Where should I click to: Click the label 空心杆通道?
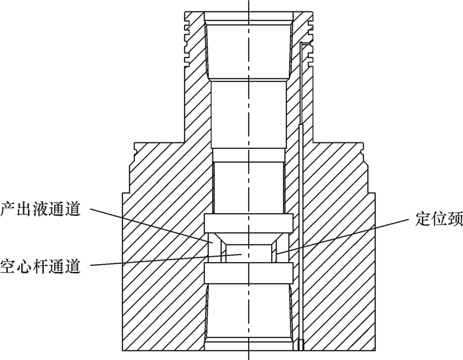[x=41, y=266]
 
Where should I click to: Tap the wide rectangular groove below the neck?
[x=248, y=272]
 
